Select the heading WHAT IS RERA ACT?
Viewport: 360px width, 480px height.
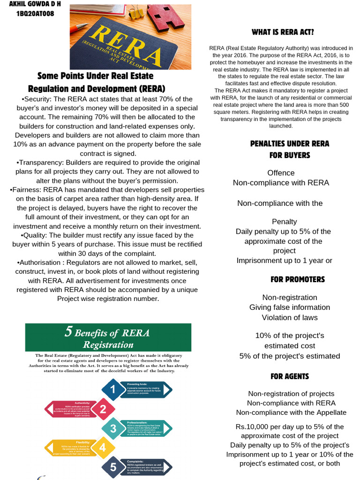283,32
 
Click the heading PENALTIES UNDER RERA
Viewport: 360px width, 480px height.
290,143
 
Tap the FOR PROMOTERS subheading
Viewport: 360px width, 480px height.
297,279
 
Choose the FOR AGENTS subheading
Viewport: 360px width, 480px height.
289,376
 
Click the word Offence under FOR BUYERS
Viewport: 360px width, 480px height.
281,172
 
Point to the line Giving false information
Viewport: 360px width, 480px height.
289,307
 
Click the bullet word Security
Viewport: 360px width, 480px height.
37,99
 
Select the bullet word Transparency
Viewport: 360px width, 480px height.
39,162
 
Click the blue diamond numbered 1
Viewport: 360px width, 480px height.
112,389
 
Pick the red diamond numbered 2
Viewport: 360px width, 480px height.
103,409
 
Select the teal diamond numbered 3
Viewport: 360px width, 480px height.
112,428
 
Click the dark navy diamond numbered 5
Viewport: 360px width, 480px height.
112,467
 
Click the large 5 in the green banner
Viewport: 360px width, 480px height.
68,332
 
